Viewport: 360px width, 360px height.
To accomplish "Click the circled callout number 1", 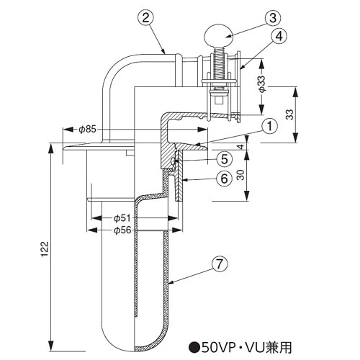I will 268,127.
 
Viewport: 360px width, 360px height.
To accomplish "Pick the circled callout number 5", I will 225,158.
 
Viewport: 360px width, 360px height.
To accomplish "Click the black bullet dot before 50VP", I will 194,346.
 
